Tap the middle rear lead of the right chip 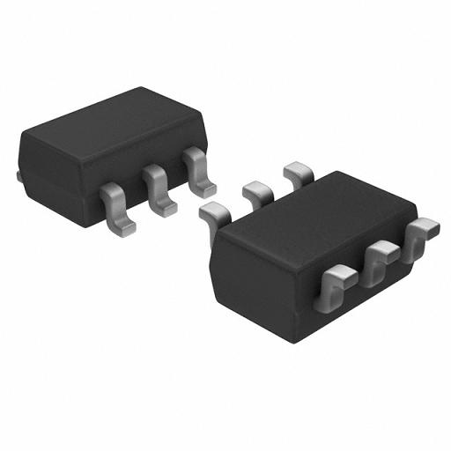coord(256,189)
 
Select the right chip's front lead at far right coord(421,233)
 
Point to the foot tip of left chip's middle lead coord(166,208)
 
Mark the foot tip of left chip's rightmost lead coord(205,189)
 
